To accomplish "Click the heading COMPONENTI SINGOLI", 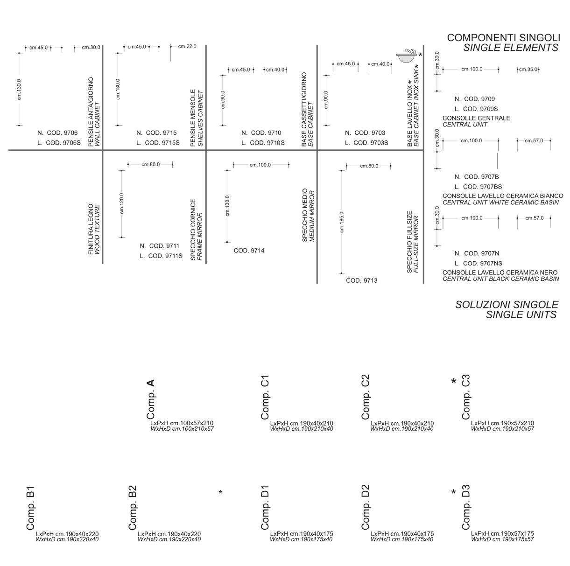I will [503, 38].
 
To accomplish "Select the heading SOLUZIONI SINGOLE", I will [507, 305].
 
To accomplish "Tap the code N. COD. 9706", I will [57, 133].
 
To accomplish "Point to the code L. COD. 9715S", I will [158, 143].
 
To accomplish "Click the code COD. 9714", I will [249, 251].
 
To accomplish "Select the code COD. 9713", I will [361, 280].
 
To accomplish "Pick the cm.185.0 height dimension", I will [342, 222].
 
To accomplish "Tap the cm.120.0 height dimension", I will [122, 203].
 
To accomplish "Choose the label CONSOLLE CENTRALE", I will [476, 118].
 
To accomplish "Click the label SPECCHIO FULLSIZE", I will [409, 242].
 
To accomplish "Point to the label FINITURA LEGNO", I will [91, 229].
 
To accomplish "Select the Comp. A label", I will [150, 399].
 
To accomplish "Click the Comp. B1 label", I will [31, 508].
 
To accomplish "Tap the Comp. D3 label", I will [465, 508].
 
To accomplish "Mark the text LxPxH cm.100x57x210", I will [182, 423].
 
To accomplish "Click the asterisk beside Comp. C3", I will [453, 382].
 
